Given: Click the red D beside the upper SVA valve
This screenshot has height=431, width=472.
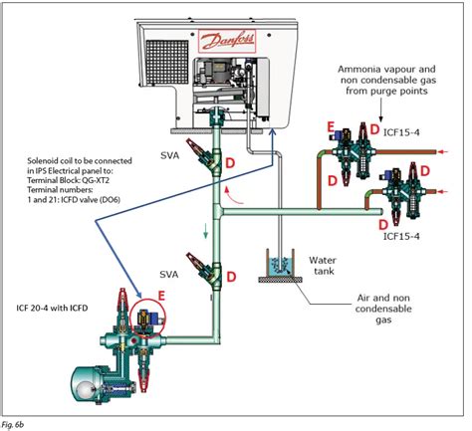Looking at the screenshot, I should pos(230,161).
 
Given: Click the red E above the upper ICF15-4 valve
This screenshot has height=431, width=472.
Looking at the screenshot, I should pos(330,127).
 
